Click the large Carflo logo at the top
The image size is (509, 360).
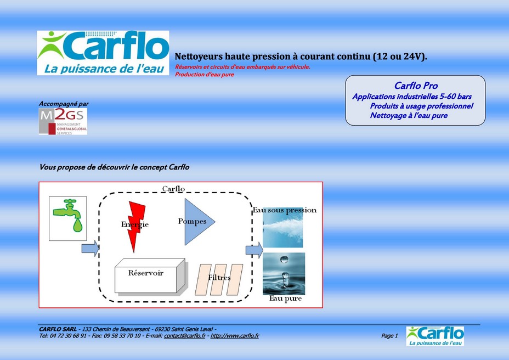tap(103, 53)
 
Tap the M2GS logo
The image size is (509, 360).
tap(63, 121)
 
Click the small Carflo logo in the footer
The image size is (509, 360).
tap(435, 336)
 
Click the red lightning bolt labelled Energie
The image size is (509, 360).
tap(135, 226)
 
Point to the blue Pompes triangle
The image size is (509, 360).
tap(196, 222)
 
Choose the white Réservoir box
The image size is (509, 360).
tap(150, 276)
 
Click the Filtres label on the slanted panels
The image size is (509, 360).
tap(219, 278)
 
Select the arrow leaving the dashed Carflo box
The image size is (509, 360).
tap(254, 250)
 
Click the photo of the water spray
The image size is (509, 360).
tap(282, 227)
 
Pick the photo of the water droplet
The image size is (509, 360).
tap(284, 274)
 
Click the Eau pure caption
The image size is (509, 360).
tap(285, 299)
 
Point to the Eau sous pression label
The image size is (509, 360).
tap(285, 210)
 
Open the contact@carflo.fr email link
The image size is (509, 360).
tap(185, 336)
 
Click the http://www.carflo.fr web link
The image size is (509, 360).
tap(235, 336)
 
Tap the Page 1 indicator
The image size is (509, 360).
tap(389, 336)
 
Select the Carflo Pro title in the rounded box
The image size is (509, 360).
tap(416, 86)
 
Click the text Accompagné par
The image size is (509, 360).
tap(64, 104)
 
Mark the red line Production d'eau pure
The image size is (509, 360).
tap(205, 75)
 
